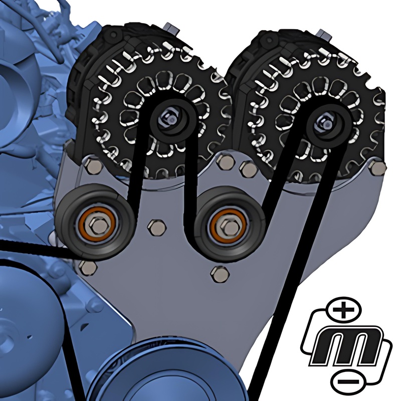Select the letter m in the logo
click(346, 346)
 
